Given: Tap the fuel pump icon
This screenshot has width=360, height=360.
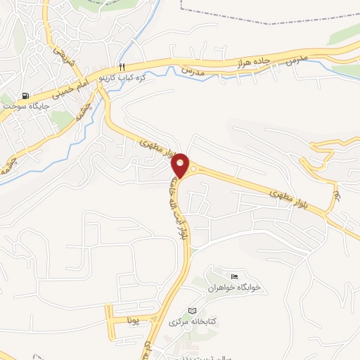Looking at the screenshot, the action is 26,96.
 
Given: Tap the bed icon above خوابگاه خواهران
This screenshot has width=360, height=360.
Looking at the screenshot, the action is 235,275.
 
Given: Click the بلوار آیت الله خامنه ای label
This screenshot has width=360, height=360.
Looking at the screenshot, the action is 172,205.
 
